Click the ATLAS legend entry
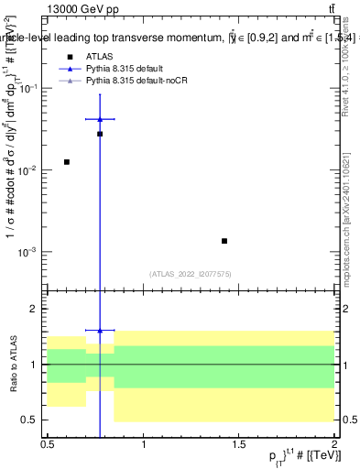pyautogui.click(x=98, y=57)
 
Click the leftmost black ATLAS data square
pyautogui.click(x=67, y=162)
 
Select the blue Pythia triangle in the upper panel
pyautogui.click(x=100, y=119)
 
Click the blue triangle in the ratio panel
pyautogui.click(x=100, y=330)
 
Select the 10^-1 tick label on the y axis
pyautogui.click(x=31, y=88)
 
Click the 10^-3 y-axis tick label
pyautogui.click(x=31, y=252)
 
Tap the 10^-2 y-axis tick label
pyautogui.click(x=31, y=170)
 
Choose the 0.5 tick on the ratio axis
pyautogui.click(x=33, y=420)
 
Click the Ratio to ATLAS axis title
pyautogui.click(x=12, y=363)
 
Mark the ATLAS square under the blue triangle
pyautogui.click(x=100, y=134)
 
